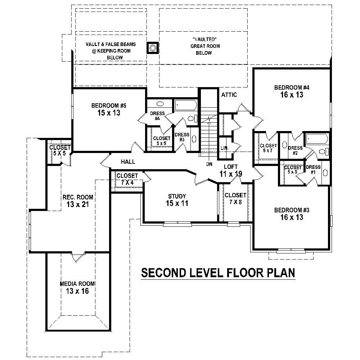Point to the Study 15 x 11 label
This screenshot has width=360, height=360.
177,200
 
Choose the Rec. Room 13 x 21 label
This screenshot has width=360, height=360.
77,201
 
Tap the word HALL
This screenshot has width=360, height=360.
128,162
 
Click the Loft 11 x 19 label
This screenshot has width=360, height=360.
230,170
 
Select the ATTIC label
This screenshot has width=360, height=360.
229,95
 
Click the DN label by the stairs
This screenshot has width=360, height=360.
210,164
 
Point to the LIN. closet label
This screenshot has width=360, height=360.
224,148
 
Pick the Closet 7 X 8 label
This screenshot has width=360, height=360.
235,199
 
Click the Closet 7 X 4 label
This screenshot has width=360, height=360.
127,179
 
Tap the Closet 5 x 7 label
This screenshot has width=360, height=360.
269,148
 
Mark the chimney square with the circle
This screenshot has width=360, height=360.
153,48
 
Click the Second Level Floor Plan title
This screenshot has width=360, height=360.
218,273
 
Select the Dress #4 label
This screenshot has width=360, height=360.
157,116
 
